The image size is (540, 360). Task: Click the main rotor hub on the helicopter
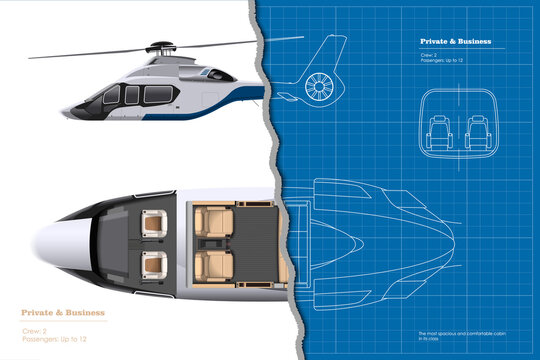[x=160, y=47]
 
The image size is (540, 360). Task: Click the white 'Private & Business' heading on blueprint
[x=454, y=41]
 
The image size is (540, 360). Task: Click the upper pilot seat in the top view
[x=156, y=225]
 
